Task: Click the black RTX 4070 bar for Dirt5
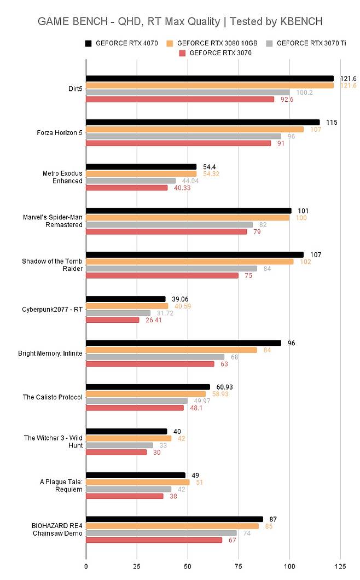tap(210, 79)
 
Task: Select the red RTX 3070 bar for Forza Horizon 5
tap(178, 143)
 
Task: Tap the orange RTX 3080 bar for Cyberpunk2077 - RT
tap(127, 306)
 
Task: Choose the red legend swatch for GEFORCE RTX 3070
tap(183, 53)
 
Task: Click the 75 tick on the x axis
tap(239, 565)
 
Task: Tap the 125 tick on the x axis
tap(340, 565)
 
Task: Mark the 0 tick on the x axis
tap(86, 565)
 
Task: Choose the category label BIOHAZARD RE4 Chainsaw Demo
tap(55, 530)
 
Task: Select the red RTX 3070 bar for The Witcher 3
tap(117, 452)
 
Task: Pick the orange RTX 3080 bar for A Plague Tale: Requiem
tap(138, 482)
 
